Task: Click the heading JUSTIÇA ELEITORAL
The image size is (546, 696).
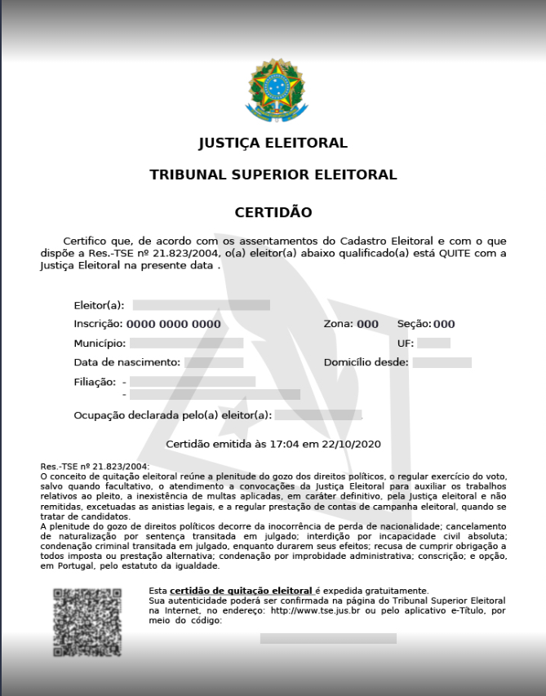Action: click(x=273, y=144)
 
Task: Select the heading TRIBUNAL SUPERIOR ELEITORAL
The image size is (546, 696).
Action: click(x=273, y=175)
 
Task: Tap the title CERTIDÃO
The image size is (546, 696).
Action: click(x=273, y=212)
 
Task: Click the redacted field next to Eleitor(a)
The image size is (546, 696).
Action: click(x=201, y=305)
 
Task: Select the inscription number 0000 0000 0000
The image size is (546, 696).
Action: click(x=173, y=324)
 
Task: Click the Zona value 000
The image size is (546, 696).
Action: click(x=367, y=324)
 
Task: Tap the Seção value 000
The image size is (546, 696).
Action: click(x=444, y=324)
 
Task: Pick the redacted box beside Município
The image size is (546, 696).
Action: click(x=186, y=344)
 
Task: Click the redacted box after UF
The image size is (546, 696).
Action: click(x=433, y=344)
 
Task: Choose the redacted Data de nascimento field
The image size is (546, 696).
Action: click(x=214, y=362)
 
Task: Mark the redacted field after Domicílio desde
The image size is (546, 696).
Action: click(x=442, y=362)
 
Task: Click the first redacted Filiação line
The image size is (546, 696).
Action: click(x=193, y=381)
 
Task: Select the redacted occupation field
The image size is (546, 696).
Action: click(x=317, y=415)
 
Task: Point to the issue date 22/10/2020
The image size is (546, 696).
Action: click(x=351, y=444)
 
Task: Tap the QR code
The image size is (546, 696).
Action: click(x=87, y=622)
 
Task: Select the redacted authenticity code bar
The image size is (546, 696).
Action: click(x=328, y=638)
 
